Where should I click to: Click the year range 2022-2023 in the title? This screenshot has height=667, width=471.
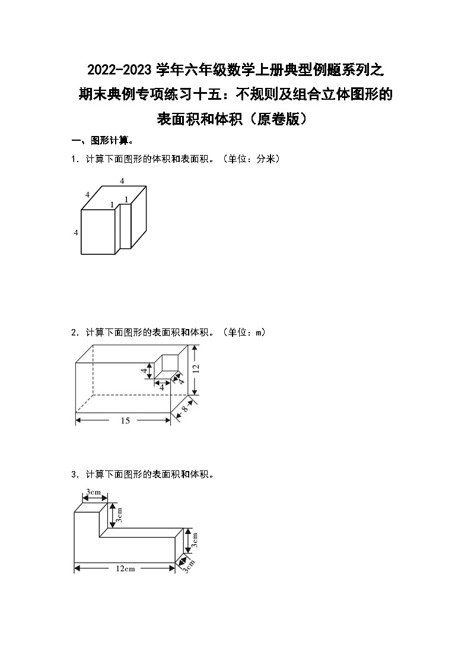pyautogui.click(x=120, y=70)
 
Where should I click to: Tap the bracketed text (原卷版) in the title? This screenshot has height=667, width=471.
pyautogui.click(x=278, y=118)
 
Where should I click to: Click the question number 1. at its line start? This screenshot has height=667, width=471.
pyautogui.click(x=74, y=159)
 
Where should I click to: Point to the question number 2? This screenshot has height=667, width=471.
pyautogui.click(x=74, y=333)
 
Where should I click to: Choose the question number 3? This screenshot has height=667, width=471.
pyautogui.click(x=74, y=475)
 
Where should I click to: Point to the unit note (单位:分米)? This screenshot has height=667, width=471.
pyautogui.click(x=249, y=159)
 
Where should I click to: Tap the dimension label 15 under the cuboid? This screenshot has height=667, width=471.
pyautogui.click(x=125, y=421)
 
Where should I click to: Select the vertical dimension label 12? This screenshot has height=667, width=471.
pyautogui.click(x=196, y=368)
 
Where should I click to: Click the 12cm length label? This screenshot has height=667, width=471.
pyautogui.click(x=125, y=568)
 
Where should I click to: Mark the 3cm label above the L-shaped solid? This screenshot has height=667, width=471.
pyautogui.click(x=93, y=492)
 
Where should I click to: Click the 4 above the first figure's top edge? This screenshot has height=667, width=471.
pyautogui.click(x=122, y=180)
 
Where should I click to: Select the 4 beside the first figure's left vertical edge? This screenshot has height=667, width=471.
pyautogui.click(x=76, y=232)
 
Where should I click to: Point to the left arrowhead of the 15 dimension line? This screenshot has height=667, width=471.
pyautogui.click(x=78, y=421)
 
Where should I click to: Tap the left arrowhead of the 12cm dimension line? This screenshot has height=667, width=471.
pyautogui.click(x=76, y=568)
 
